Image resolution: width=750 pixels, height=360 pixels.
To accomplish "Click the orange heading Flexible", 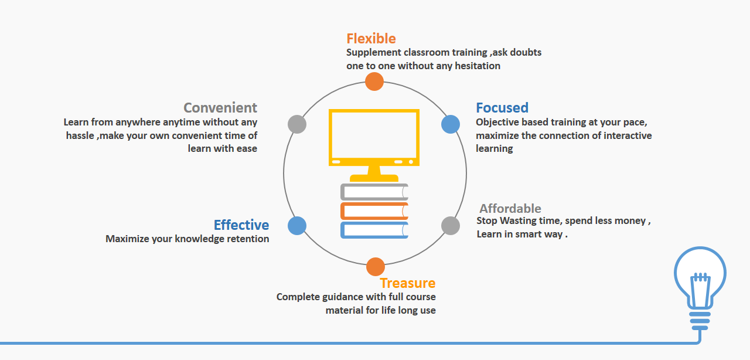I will [371, 39].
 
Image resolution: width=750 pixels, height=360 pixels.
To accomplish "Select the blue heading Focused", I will [502, 108].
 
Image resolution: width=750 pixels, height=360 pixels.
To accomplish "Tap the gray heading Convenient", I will [220, 108].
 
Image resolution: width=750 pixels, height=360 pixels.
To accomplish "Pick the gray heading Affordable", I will [510, 209].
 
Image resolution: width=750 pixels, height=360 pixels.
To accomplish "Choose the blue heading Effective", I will [241, 225].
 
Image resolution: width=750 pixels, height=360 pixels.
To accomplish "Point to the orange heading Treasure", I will [408, 283].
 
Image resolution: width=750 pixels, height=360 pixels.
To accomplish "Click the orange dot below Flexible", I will [374, 81].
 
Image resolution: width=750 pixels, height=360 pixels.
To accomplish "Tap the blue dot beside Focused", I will [450, 124].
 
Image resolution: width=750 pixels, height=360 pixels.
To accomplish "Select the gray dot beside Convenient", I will [298, 124].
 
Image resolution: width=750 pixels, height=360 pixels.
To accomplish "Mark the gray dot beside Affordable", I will [450, 226].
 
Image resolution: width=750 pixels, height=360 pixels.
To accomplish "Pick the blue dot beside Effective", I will [297, 226].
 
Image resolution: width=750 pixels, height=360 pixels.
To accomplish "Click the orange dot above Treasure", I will [376, 267].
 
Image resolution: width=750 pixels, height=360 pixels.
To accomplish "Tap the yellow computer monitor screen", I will [374, 134].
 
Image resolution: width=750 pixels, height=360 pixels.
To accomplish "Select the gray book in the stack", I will [374, 192].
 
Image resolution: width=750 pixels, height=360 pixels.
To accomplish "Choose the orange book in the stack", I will [374, 211].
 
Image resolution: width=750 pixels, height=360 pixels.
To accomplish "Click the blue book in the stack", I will [374, 230].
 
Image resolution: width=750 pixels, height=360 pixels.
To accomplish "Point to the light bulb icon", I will [700, 281].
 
